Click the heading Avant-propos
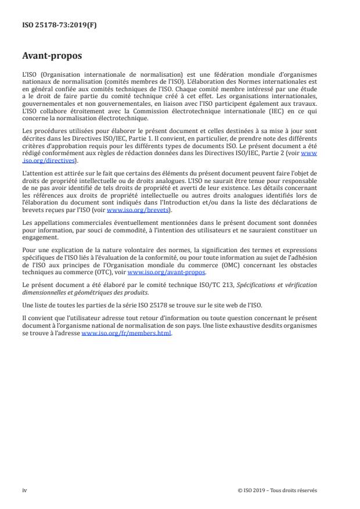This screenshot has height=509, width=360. [52, 57]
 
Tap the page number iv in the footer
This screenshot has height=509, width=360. [24, 490]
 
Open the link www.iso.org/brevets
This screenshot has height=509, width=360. [131, 210]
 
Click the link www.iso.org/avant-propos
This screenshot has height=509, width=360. [166, 272]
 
